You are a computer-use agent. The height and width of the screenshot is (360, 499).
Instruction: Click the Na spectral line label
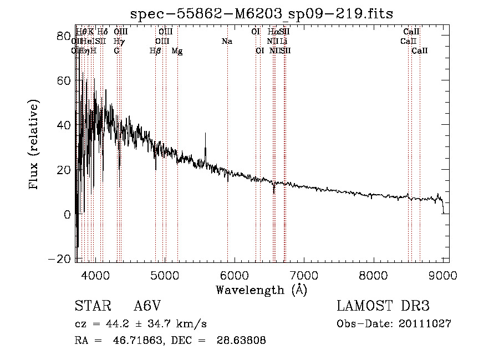point(227,41)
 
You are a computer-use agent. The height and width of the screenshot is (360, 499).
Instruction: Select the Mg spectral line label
point(177,50)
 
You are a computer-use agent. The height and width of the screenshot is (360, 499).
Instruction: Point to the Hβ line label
point(155,50)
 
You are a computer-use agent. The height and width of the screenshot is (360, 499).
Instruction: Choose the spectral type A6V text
point(147,307)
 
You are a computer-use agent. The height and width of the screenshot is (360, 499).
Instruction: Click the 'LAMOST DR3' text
point(383,307)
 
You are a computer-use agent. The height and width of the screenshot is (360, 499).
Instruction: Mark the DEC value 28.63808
point(242,341)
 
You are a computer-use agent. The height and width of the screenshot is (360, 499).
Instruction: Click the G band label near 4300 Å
point(117,50)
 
